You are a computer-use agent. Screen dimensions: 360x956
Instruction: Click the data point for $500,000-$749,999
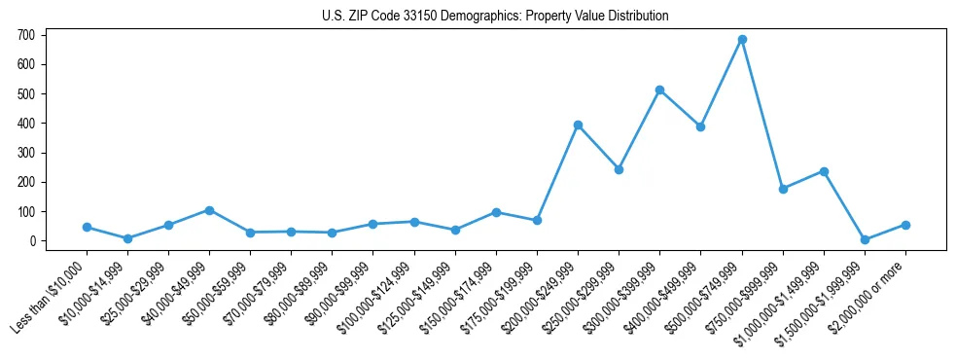(x=742, y=40)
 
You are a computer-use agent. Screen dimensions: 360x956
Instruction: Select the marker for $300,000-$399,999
(x=659, y=90)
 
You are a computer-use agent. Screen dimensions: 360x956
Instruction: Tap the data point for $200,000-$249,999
(x=578, y=125)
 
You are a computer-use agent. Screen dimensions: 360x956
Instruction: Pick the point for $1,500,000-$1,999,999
(x=865, y=239)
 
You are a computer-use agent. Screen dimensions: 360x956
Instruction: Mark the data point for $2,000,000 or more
(x=905, y=225)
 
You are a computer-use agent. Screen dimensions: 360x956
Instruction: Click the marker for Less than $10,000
(x=87, y=227)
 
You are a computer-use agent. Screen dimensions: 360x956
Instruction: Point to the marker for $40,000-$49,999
(x=209, y=210)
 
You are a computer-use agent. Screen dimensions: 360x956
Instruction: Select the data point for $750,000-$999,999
(x=783, y=189)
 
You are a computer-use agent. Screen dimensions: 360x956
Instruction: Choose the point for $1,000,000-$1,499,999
(x=824, y=171)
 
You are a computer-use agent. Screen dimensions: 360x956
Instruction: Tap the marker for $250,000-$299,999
(x=619, y=169)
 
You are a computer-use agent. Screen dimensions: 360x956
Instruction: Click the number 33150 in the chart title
(x=432, y=17)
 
